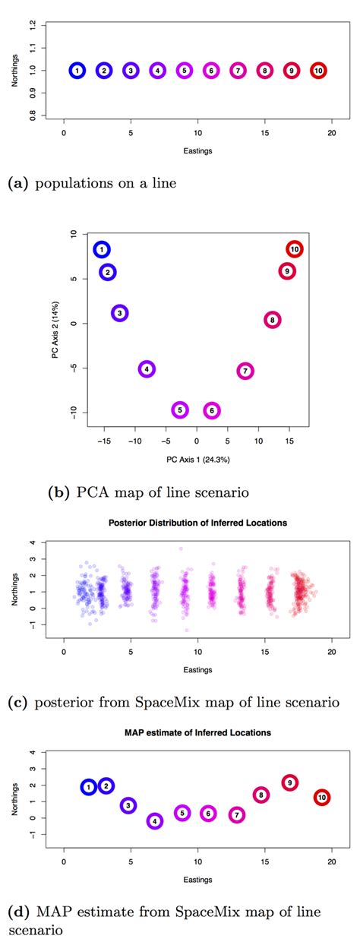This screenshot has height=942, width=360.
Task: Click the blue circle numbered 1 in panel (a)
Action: [77, 71]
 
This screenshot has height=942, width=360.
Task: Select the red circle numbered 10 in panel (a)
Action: [318, 71]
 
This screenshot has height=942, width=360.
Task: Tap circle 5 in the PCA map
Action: [180, 410]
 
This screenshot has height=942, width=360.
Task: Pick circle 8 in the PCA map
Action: [272, 321]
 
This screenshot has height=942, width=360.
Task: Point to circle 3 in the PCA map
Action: [120, 313]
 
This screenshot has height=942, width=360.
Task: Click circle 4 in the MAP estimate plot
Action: [154, 821]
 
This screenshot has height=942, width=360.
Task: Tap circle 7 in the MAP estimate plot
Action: [237, 815]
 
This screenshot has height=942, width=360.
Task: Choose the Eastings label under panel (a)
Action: [197, 150]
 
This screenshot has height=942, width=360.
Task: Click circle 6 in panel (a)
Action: [211, 71]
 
